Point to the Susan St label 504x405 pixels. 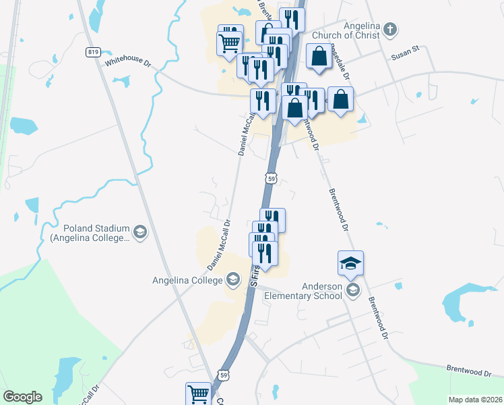[x=406, y=50]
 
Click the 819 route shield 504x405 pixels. [x=94, y=52]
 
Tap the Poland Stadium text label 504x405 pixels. [x=90, y=233]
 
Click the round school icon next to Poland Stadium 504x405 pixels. [x=139, y=233]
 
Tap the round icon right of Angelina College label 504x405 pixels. [x=233, y=279]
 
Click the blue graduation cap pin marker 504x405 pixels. [x=350, y=263]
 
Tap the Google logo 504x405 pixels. [x=22, y=397]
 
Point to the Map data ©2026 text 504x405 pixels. [x=475, y=400]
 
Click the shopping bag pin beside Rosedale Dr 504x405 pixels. [x=319, y=57]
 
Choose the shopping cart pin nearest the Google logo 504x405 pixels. [x=198, y=394]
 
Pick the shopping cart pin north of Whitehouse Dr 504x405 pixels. [x=230, y=43]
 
